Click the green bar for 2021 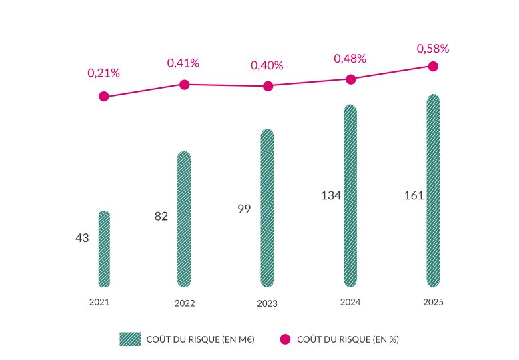click(104, 249)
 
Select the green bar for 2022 click(184, 219)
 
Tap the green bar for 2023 click(267, 208)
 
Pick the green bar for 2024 click(350, 195)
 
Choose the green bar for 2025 click(433, 191)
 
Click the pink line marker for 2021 click(103, 97)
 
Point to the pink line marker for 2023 click(268, 86)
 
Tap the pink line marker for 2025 click(433, 66)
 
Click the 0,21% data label click(103, 73)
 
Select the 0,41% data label click(183, 63)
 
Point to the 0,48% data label click(350, 59)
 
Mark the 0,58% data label click(433, 49)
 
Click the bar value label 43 click(82, 238)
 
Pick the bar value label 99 click(244, 209)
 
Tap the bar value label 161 click(414, 196)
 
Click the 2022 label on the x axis click(185, 303)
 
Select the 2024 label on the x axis click(350, 302)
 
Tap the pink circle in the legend click(285, 339)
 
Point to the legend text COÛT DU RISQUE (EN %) click(347, 339)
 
